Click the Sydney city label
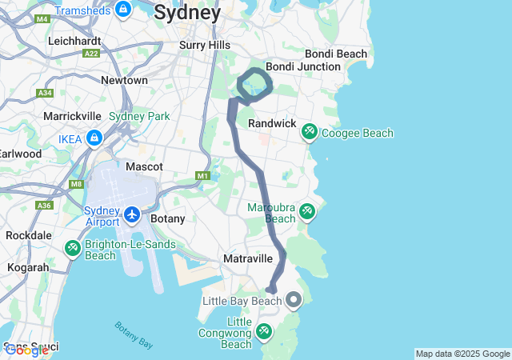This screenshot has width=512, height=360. [187, 13]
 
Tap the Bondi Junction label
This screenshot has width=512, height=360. [302, 66]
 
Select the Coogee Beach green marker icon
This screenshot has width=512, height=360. [309, 132]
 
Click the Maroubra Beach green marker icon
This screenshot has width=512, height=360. [306, 212]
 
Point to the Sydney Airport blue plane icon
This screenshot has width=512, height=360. [132, 214]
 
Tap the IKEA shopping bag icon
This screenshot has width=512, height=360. [94, 138]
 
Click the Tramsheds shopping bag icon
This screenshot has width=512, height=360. [123, 10]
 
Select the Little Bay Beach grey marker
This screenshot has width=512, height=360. [294, 301]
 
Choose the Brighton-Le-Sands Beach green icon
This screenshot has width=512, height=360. [73, 248]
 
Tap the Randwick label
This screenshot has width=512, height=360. [272, 124]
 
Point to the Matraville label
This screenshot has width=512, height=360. [248, 259]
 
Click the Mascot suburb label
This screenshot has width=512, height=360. [144, 166]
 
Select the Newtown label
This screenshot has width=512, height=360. [124, 80]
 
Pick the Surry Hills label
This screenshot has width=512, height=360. [204, 46]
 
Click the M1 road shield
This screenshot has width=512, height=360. [202, 175]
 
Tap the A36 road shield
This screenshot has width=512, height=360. [44, 206]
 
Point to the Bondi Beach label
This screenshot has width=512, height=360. [339, 54]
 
